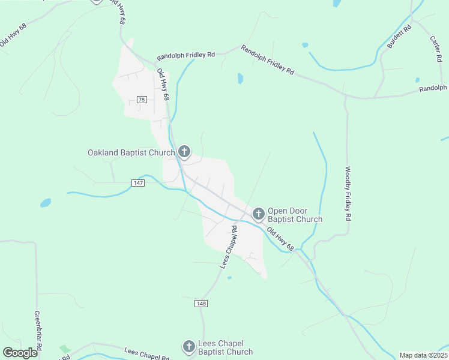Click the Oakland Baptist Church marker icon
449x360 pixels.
(x=184, y=152)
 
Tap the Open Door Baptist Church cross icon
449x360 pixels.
(x=259, y=214)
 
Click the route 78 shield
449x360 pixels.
(x=142, y=100)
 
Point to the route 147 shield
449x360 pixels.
(x=139, y=182)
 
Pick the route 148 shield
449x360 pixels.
(x=201, y=304)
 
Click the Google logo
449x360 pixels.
(x=20, y=352)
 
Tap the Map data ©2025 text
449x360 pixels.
(x=423, y=355)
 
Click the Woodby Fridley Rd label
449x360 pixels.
(x=348, y=193)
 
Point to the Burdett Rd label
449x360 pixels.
(x=399, y=37)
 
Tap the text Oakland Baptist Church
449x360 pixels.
(x=131, y=153)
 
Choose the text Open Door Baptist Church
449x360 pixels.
(x=295, y=215)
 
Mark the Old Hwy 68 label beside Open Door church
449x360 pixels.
(x=280, y=239)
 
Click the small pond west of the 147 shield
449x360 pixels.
(x=46, y=203)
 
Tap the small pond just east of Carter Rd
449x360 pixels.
(x=417, y=80)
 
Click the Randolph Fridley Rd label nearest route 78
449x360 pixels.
(x=185, y=56)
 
